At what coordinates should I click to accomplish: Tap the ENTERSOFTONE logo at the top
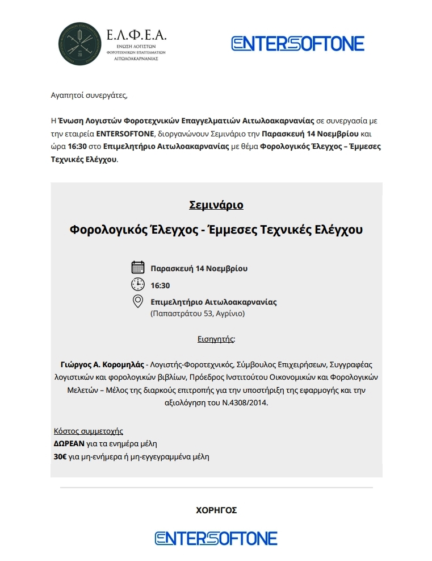click(x=298, y=44)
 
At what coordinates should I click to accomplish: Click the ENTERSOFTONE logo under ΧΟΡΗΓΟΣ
click(x=216, y=538)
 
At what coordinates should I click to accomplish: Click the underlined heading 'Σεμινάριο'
click(x=216, y=205)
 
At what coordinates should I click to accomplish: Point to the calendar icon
click(x=137, y=268)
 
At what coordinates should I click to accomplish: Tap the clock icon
click(x=137, y=284)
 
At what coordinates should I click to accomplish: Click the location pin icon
click(x=137, y=301)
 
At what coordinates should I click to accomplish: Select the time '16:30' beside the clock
click(x=160, y=285)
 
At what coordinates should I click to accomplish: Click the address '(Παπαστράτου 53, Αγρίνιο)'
click(x=197, y=313)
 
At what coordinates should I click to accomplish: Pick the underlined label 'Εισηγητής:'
click(x=216, y=339)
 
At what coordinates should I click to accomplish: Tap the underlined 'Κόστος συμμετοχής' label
click(x=88, y=431)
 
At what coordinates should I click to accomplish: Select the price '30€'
click(x=58, y=456)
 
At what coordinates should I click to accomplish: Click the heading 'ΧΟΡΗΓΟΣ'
click(x=216, y=510)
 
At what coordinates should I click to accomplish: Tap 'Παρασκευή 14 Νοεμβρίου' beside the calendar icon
click(x=199, y=268)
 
